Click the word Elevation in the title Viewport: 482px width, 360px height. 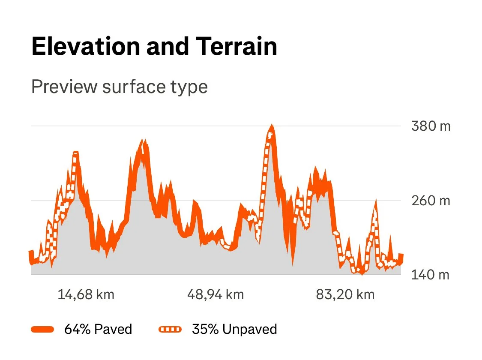pyautogui.click(x=86, y=47)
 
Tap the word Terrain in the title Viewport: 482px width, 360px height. pyautogui.click(x=234, y=47)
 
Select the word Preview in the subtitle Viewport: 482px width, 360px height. pyautogui.click(x=64, y=87)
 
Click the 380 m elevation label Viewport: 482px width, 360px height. pyautogui.click(x=431, y=126)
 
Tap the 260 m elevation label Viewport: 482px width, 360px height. pyautogui.click(x=431, y=200)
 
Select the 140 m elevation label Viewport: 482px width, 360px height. pyautogui.click(x=431, y=274)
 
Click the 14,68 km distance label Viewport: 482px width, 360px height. pyautogui.click(x=86, y=295)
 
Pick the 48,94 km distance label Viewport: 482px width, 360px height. pyautogui.click(x=216, y=295)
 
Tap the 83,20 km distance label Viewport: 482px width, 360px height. pyautogui.click(x=345, y=295)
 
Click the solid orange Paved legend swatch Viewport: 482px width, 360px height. pyautogui.click(x=42, y=329)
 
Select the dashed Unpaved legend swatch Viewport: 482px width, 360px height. pyautogui.click(x=170, y=329)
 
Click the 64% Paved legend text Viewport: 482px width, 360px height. pyautogui.click(x=98, y=329)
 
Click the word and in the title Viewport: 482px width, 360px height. pyautogui.click(x=167, y=47)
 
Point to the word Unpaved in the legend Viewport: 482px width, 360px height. pyautogui.click(x=249, y=329)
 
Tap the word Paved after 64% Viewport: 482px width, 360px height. pyautogui.click(x=113, y=329)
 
